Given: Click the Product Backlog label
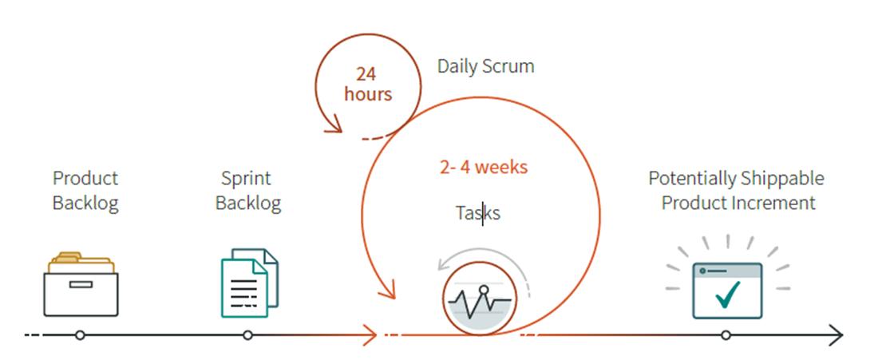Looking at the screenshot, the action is pos(85,190).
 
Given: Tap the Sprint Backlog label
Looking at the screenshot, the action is pos(248,190).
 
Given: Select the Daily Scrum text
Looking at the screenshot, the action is pos(485,66).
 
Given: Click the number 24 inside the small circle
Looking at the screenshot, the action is pos(366,74).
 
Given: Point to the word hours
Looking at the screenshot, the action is pos(368,93).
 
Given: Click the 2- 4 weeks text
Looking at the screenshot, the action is pos(484,168).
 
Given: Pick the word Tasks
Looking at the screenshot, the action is pos(478,213).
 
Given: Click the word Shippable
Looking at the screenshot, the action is pos(785,180).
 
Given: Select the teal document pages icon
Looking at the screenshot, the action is pos(250,283).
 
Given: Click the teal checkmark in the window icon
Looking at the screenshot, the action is pos(727,295).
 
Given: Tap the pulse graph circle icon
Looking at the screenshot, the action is pos(480,298).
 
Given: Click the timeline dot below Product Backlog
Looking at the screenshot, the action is pos(80,335).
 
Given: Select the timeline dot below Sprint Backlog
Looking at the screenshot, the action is pos(247,335).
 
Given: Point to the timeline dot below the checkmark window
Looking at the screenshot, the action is pos(726,335).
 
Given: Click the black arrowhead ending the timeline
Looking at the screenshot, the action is pos(837,335).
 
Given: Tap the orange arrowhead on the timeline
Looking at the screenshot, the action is pos(370,335).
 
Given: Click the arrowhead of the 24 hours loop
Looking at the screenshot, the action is pos(334,125).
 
